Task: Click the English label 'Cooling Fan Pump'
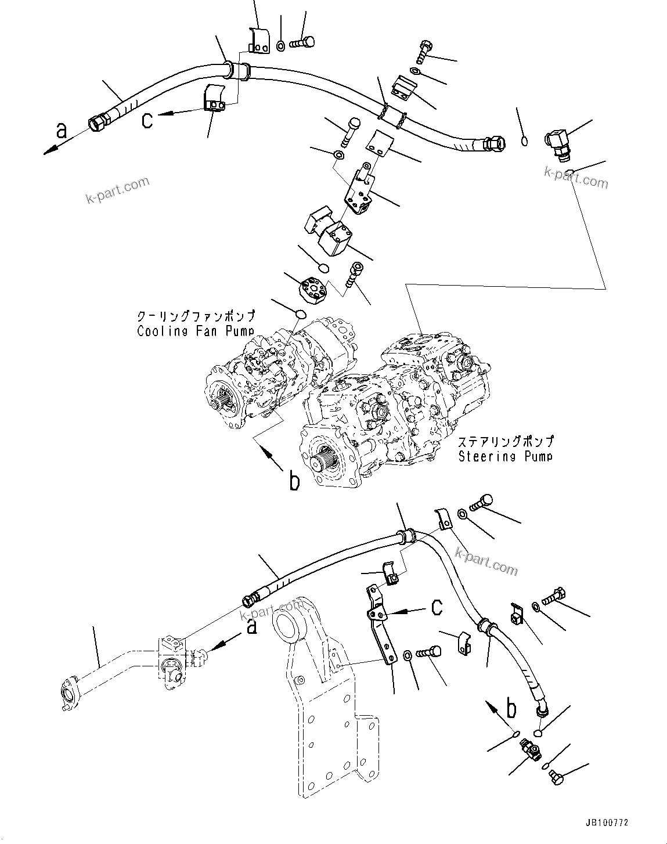pos(195,331)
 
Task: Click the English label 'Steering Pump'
pos(505,456)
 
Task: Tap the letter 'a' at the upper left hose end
pos(61,132)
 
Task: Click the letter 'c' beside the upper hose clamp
pos(149,120)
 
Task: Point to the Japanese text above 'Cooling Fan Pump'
pos(195,316)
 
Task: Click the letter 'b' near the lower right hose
pos(511,709)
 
